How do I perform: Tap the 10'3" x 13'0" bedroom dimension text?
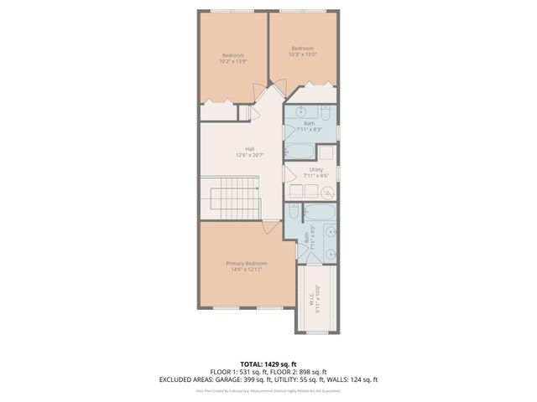[x=302, y=54]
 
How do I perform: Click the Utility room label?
[x=316, y=170]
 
